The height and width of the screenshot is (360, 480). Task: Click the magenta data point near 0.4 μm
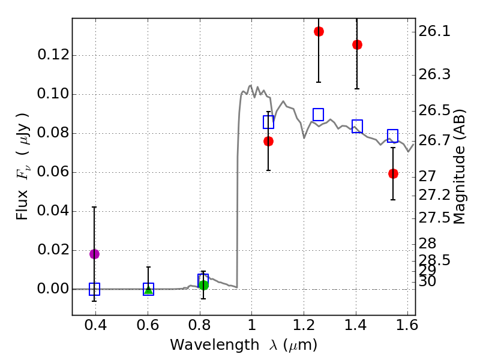point(94,254)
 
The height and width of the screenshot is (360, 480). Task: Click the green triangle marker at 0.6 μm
point(148,290)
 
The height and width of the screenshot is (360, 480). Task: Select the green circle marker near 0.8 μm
point(203,285)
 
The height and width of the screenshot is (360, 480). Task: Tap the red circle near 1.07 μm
point(268,141)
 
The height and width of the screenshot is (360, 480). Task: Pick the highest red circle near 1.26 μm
point(319,31)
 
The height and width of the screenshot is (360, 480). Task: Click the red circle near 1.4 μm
point(357,44)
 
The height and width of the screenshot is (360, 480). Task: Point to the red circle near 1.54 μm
point(393,173)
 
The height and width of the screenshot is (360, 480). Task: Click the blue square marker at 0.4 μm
point(94,289)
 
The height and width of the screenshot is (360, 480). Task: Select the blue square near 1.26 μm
point(319,115)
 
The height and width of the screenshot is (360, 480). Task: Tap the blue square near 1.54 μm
point(393,136)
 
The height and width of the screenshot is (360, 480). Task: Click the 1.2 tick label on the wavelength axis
point(304,325)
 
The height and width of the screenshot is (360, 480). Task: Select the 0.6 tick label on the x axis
point(148,325)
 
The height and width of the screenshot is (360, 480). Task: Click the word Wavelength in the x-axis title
point(204,345)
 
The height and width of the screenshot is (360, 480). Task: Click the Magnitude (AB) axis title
point(460,166)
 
